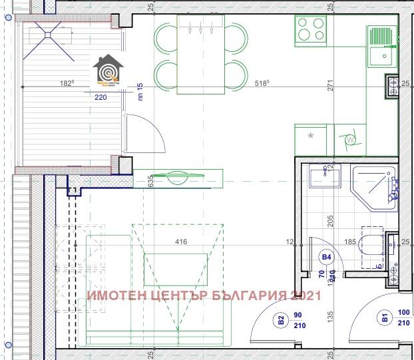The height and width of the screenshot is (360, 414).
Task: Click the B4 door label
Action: (x=327, y=256)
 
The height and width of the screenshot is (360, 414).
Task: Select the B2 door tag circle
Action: (x=282, y=319)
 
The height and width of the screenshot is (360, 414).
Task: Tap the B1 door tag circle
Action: (x=384, y=319)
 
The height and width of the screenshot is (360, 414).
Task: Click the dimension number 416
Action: (x=180, y=242)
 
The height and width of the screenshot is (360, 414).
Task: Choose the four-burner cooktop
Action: (x=311, y=30)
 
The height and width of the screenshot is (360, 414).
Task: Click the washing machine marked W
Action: (x=349, y=140)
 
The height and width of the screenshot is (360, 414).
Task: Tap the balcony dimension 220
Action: (x=101, y=96)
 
